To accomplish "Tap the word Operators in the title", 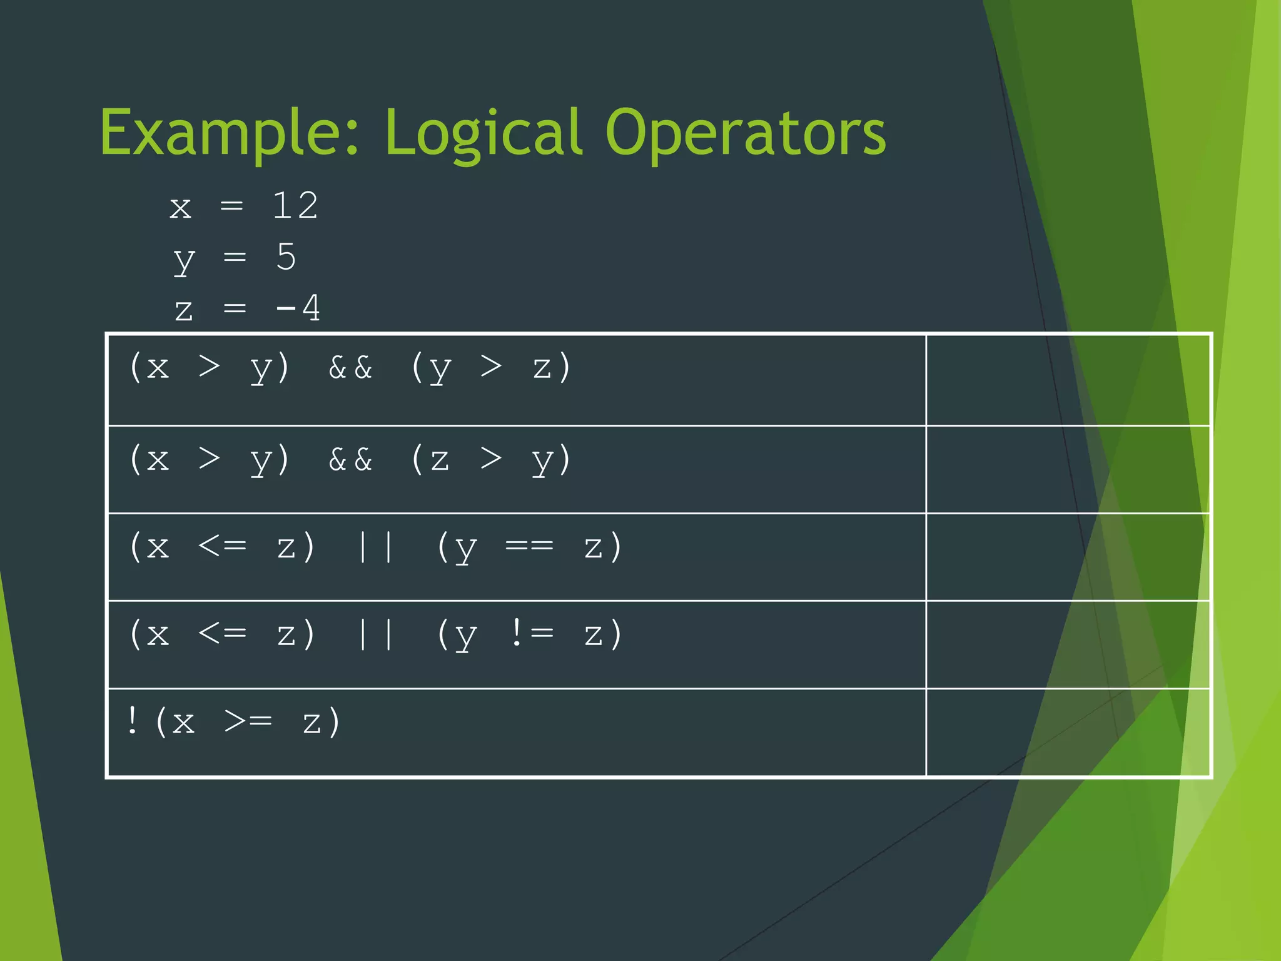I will click(745, 133).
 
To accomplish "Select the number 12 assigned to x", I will click(295, 206).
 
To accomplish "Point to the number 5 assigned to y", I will click(286, 257).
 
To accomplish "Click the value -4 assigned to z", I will click(298, 308).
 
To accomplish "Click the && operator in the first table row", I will click(350, 367).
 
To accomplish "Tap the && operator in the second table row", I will click(350, 460).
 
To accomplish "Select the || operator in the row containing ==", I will click(376, 547).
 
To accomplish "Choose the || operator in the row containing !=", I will click(376, 635).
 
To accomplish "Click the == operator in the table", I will click(529, 546).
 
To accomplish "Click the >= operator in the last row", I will click(248, 721).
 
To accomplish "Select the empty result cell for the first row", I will click(1068, 380).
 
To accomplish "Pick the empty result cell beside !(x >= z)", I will click(1068, 733).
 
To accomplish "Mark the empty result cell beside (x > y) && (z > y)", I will click(1068, 469).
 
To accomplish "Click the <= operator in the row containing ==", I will click(222, 546).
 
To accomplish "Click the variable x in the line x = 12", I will click(180, 207).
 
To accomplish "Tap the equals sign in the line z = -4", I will click(235, 308).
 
